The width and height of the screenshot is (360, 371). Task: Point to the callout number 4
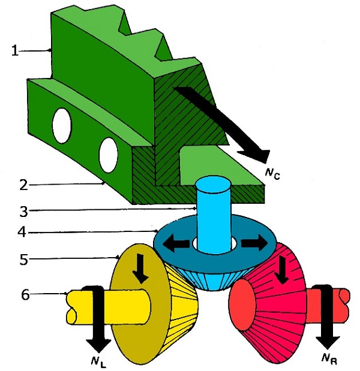[x=23, y=232]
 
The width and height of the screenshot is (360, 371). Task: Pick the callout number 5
[x=23, y=260]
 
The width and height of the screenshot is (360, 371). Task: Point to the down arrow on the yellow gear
[x=142, y=267]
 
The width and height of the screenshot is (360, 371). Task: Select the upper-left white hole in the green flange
[x=61, y=125]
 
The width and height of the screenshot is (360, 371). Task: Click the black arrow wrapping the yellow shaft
[x=95, y=318]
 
